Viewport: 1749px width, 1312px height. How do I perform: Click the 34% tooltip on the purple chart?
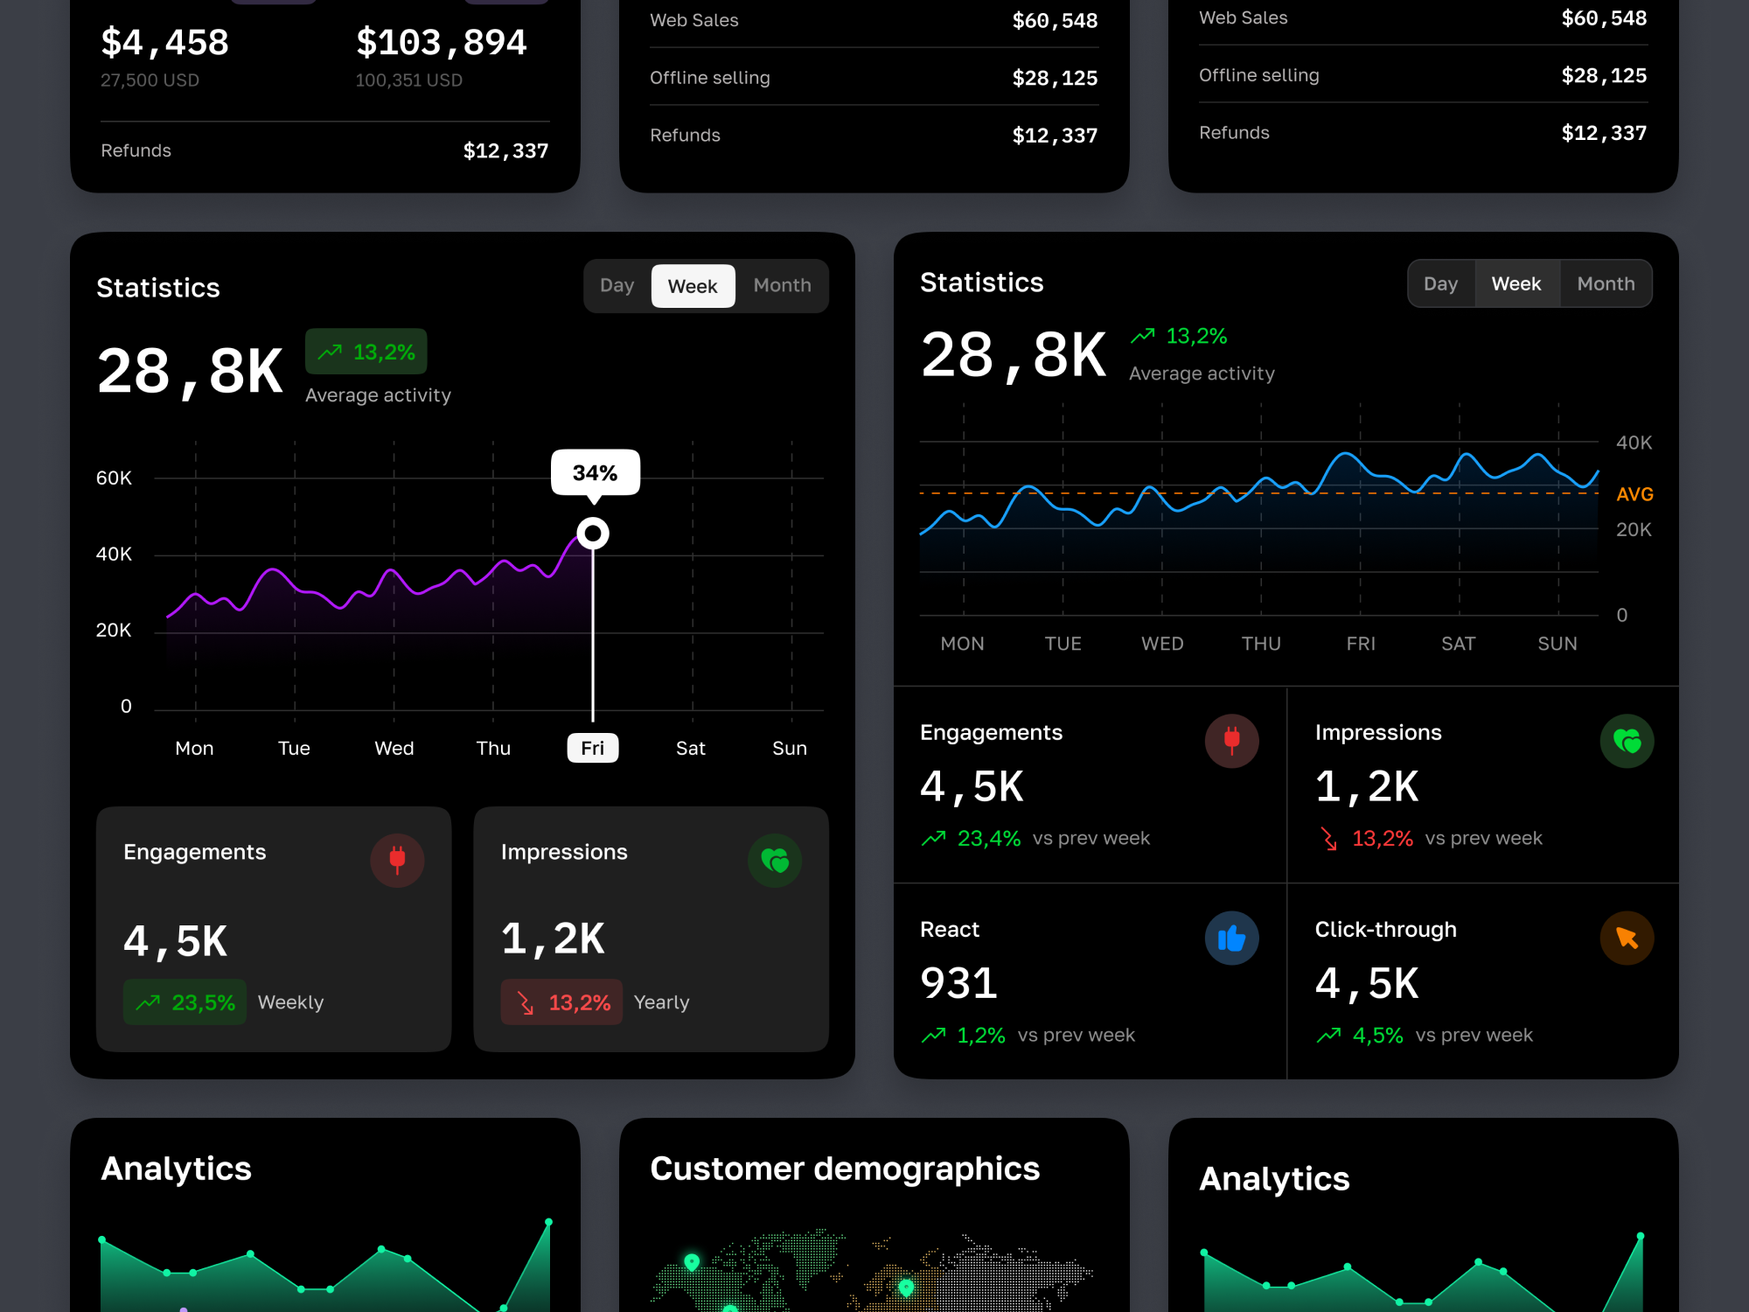pos(595,472)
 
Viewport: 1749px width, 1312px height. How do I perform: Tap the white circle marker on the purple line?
pos(593,533)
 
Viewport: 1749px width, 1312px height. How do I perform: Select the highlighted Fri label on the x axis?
pos(592,748)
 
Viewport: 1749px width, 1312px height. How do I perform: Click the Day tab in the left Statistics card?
pos(617,286)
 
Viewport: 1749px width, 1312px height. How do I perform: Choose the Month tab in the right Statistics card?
pos(1606,283)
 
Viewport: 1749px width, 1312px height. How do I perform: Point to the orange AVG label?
pos(1634,494)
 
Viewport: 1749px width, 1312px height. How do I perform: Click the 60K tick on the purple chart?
pos(114,478)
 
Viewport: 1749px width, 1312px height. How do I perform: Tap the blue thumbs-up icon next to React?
pos(1231,939)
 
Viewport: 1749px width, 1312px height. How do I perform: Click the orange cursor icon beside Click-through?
pos(1627,939)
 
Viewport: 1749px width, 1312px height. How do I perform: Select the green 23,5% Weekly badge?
pos(185,1002)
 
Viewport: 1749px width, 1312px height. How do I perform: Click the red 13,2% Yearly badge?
pos(561,1002)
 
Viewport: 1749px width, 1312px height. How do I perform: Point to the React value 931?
pos(958,983)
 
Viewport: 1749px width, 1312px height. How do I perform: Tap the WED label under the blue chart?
pos(1162,644)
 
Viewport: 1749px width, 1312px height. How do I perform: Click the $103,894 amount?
pos(441,42)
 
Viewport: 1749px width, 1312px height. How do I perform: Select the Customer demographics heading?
pos(845,1169)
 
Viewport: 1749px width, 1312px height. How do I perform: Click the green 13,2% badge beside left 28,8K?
pos(366,352)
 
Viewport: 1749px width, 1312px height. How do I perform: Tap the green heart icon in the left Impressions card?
pos(775,861)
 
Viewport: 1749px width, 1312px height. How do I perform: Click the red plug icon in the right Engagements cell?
pos(1231,741)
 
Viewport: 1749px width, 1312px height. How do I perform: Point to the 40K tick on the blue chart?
pos(1633,443)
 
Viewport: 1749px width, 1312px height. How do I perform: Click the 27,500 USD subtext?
pos(150,80)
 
